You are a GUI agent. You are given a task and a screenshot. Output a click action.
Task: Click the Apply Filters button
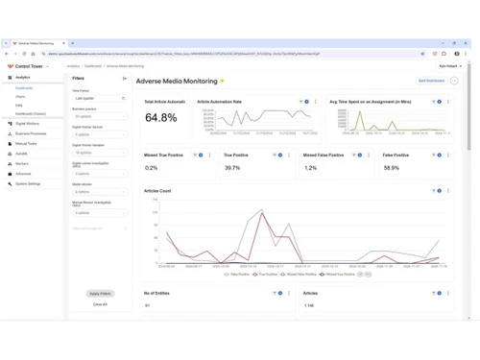(100, 293)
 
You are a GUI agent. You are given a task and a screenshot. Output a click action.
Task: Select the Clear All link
(100, 304)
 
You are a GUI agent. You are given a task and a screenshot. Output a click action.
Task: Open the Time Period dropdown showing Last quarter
(100, 98)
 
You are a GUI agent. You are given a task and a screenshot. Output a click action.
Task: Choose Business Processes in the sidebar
(31, 133)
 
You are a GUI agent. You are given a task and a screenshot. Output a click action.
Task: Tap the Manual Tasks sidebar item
(26, 143)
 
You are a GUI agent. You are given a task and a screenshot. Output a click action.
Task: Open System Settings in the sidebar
(28, 183)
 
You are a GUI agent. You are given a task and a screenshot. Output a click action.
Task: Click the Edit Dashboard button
(431, 81)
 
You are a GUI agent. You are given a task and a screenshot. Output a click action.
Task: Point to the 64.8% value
(160, 118)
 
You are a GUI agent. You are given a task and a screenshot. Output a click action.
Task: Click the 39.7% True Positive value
(232, 168)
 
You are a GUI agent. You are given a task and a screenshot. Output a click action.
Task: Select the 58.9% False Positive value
(391, 168)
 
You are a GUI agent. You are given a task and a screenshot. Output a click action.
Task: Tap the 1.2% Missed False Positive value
(310, 168)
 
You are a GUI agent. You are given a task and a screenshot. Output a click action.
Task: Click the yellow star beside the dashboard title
(223, 81)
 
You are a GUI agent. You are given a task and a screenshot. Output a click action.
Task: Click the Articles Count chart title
(157, 190)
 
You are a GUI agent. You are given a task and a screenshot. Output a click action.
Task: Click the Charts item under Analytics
(20, 97)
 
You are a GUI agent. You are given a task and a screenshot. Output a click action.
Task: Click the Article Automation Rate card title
(219, 101)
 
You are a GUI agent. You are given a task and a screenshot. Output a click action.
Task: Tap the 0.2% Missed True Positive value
(152, 168)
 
